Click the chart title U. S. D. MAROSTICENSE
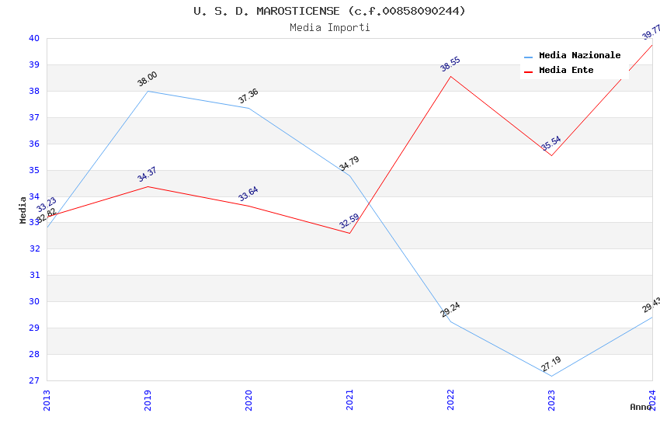[329, 11]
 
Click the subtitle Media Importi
[329, 28]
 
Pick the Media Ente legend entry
[566, 70]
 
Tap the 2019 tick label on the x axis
[148, 400]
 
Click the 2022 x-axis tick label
[450, 400]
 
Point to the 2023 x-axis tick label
[551, 400]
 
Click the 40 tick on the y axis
[33, 38]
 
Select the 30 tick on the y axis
[33, 301]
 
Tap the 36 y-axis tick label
[33, 144]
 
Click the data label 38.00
[148, 78]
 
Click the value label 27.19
[551, 363]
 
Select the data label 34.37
[147, 174]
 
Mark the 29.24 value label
[450, 309]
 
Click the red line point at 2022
[450, 76]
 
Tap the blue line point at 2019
[148, 91]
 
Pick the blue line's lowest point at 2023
[551, 376]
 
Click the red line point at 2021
[349, 233]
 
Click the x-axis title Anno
[641, 407]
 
